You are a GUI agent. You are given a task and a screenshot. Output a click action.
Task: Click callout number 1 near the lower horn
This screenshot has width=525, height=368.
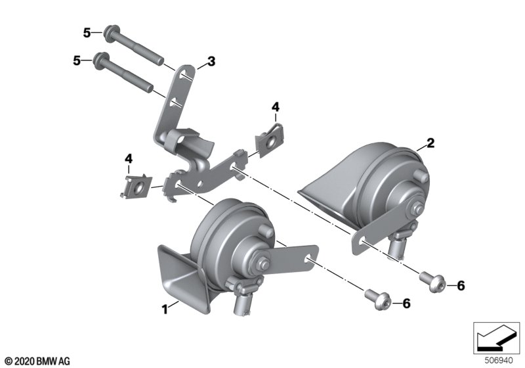(x=165, y=310)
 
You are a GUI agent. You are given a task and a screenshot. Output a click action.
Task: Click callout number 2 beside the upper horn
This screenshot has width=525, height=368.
(x=430, y=143)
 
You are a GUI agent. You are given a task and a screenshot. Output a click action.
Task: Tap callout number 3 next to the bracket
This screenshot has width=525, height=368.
(x=211, y=61)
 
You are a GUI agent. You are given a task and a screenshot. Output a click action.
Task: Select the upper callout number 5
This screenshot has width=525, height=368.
(x=87, y=33)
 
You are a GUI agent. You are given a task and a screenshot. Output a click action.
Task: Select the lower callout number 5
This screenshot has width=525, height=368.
(x=77, y=60)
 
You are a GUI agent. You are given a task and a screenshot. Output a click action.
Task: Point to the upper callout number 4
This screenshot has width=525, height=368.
(x=275, y=107)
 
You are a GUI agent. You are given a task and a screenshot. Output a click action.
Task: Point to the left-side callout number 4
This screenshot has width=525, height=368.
(x=129, y=158)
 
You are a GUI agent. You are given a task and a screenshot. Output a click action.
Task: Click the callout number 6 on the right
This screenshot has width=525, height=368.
(x=461, y=286)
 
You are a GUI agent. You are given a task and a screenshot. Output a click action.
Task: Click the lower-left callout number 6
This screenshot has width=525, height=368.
(x=406, y=304)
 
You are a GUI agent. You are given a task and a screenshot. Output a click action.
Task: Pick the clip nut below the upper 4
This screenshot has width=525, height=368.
(x=270, y=140)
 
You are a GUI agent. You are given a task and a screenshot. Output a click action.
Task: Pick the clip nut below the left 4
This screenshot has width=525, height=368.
(x=136, y=187)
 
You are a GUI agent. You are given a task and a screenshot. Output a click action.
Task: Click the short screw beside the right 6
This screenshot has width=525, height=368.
(x=432, y=282)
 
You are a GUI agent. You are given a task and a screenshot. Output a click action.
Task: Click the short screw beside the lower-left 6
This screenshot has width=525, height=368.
(x=378, y=300)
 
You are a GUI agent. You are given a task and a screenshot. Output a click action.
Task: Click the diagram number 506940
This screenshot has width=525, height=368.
(x=499, y=361)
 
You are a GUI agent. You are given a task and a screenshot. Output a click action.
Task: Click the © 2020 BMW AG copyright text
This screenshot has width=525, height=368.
(x=38, y=361)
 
